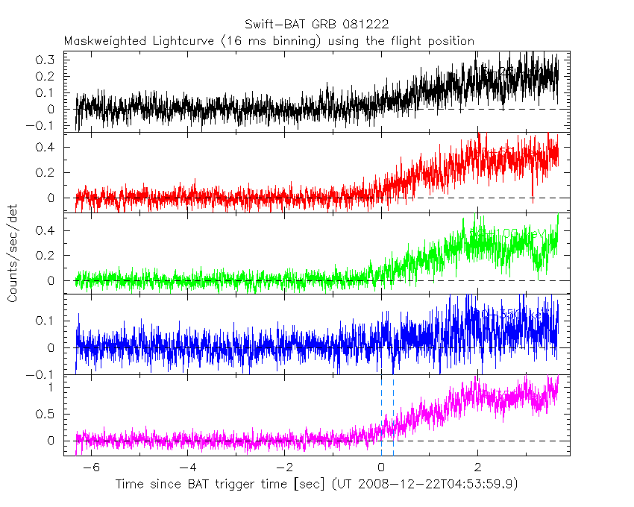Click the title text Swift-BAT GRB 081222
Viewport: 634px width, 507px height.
[316, 25]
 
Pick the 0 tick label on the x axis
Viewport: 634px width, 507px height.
[381, 467]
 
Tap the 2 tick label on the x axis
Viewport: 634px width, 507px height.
[478, 467]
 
